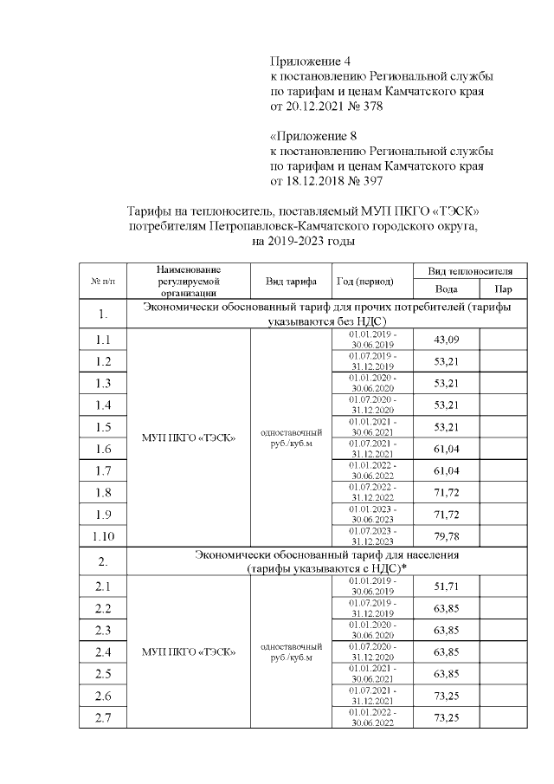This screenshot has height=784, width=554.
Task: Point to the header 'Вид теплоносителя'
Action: coord(475,270)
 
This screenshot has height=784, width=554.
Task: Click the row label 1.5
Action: coord(102,426)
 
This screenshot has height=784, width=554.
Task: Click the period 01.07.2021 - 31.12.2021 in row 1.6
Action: coord(373,448)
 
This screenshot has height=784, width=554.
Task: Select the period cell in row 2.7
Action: coord(373,716)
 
